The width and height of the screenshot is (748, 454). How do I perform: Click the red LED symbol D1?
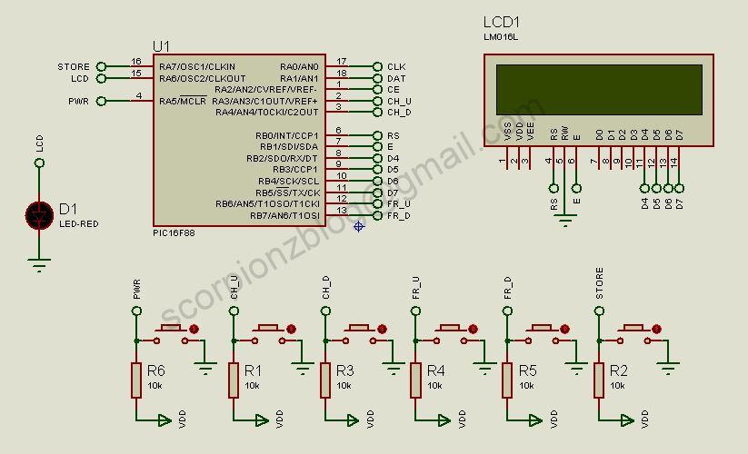39,214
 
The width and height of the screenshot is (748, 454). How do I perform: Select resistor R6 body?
136,380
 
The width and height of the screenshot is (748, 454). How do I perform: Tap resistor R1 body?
234,380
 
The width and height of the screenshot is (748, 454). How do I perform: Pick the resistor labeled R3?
324,380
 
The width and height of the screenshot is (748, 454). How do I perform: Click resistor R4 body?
415,380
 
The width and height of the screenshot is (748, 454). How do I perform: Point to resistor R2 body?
599,380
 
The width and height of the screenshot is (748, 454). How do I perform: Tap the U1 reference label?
162,46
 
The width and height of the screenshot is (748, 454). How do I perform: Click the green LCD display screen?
598,89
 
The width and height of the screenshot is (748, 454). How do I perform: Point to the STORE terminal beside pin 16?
74,66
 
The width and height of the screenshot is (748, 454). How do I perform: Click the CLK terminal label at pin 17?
396,67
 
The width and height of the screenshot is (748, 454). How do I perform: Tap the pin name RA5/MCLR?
183,101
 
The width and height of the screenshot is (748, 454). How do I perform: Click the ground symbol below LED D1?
39,264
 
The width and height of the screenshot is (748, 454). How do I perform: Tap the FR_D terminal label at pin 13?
399,215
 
